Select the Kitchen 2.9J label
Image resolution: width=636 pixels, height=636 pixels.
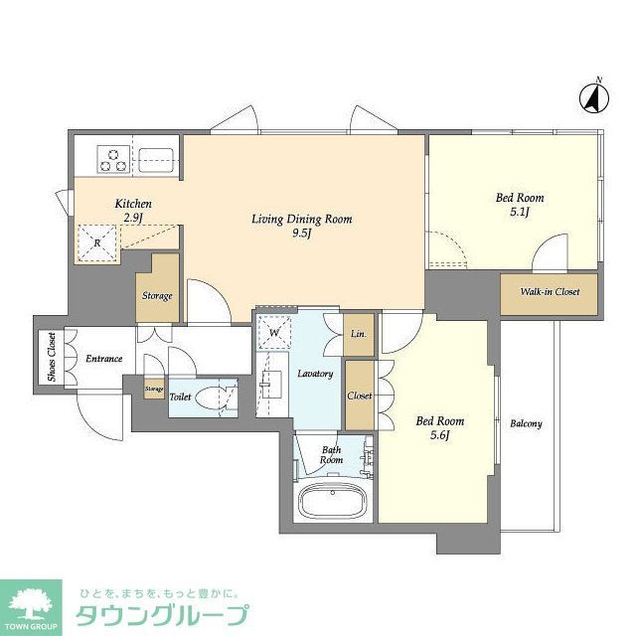tap(132, 210)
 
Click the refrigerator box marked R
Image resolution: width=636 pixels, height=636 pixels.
tap(98, 241)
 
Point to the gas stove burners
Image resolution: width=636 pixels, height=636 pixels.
tap(112, 156)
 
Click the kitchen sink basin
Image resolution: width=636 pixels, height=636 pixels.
tap(155, 156)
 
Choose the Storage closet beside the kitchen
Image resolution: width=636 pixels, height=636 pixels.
tap(157, 295)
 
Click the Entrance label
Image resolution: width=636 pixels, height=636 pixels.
tap(103, 359)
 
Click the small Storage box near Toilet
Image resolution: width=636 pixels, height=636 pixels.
tap(154, 389)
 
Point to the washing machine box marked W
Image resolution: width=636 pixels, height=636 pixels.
tap(273, 329)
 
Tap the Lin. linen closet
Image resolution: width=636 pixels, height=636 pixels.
tap(358, 335)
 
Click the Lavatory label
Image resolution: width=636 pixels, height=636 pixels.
tap(315, 374)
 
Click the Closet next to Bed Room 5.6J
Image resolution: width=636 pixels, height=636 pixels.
tap(359, 395)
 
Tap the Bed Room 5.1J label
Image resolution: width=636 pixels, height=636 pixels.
tap(520, 204)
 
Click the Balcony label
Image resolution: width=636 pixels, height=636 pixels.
tap(526, 424)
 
